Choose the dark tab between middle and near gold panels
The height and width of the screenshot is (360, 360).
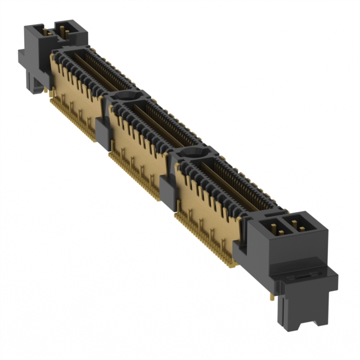(x=168, y=188)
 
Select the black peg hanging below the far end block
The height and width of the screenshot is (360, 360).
(x=35, y=84)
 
